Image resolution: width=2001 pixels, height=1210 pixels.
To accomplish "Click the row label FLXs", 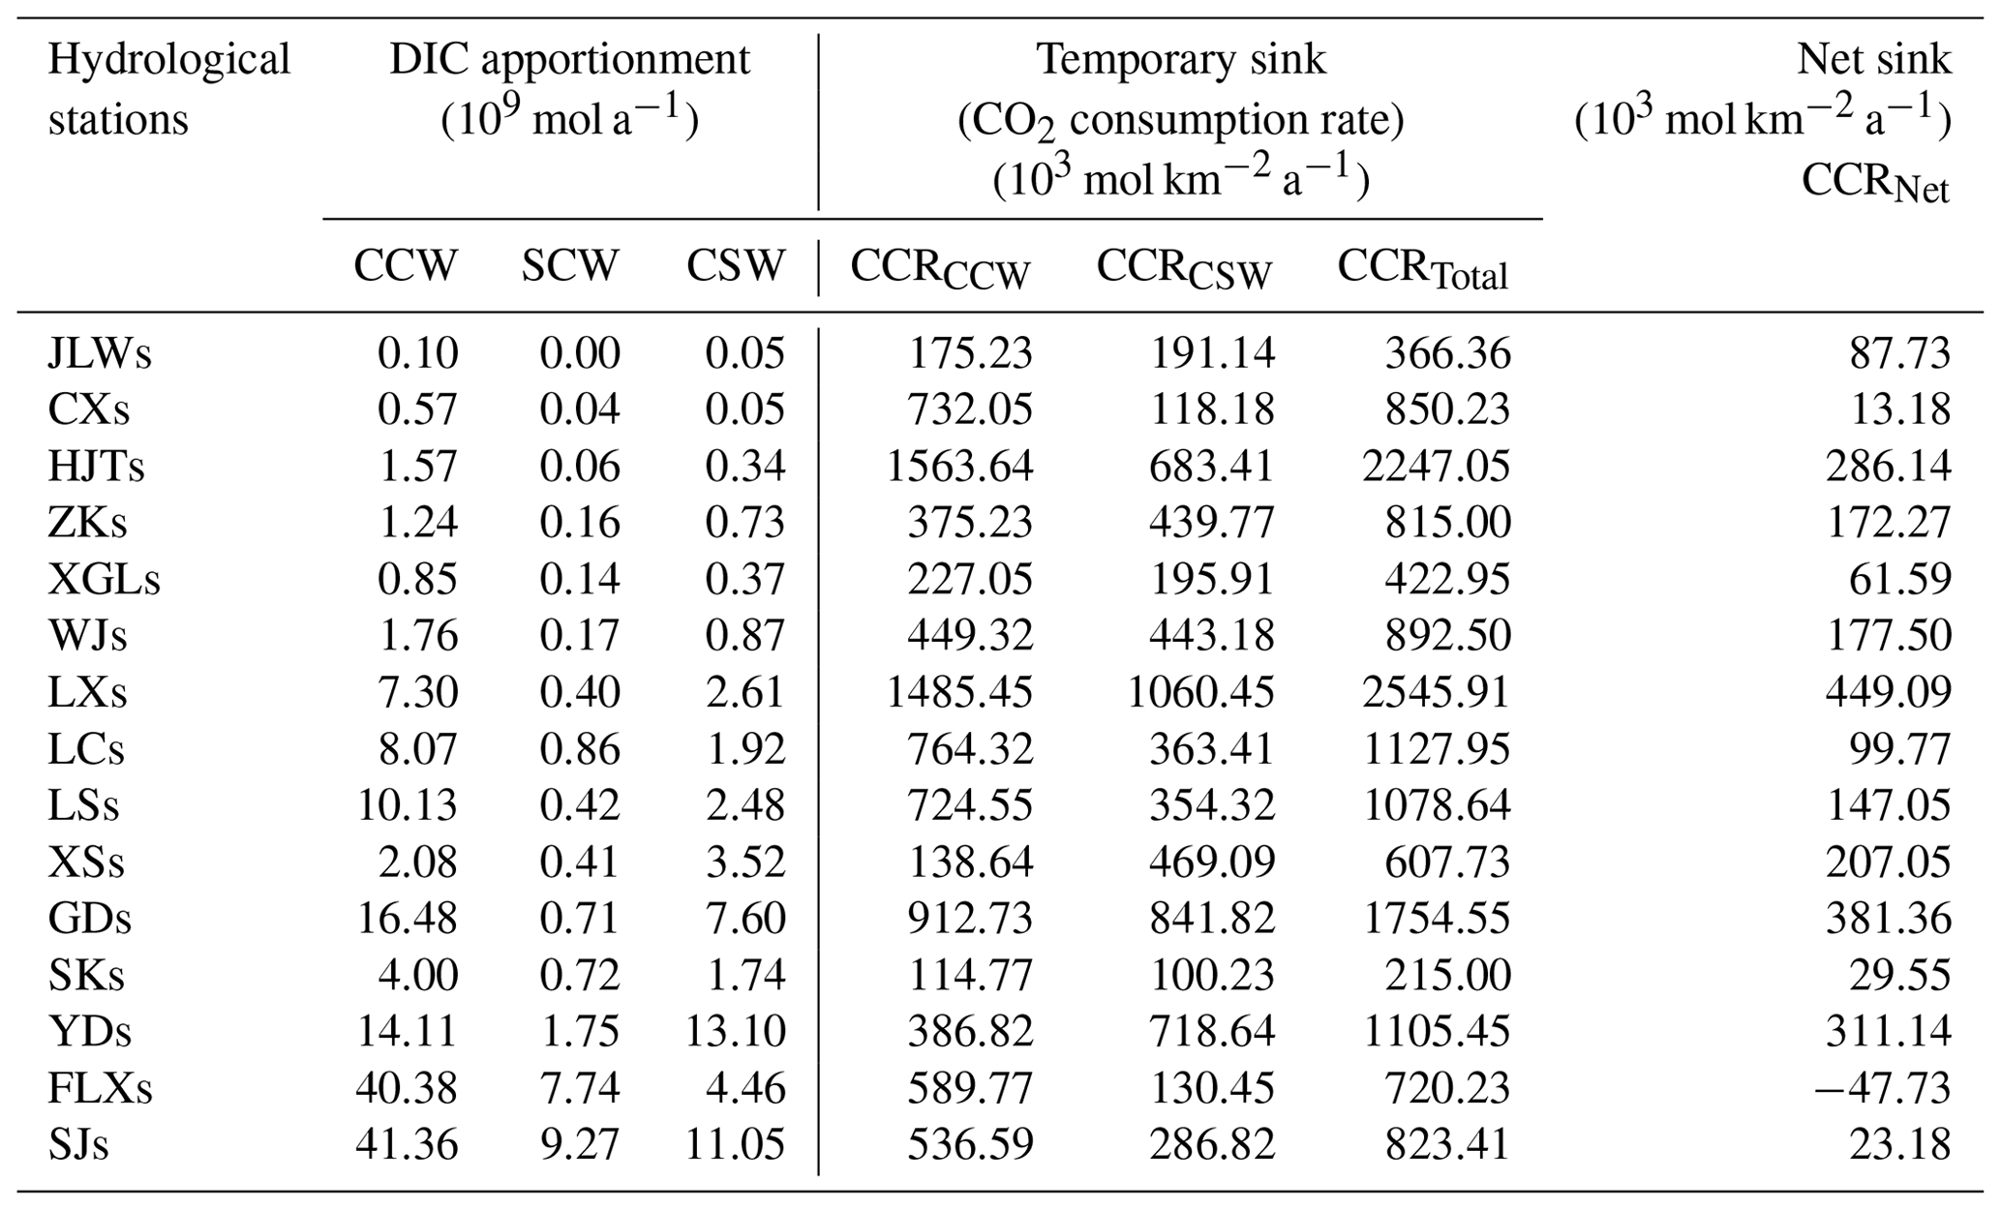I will tap(100, 1088).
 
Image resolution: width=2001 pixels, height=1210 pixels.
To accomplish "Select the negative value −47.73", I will tap(1882, 1088).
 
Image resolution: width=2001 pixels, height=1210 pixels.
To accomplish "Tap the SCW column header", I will tap(569, 265).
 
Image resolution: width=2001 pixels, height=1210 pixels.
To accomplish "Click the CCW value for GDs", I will tap(407, 918).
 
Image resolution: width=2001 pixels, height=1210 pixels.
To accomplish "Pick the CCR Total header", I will tap(1422, 269).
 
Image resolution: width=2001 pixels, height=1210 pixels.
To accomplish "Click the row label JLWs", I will tap(100, 353).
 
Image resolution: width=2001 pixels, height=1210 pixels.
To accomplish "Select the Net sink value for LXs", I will tap(1888, 692).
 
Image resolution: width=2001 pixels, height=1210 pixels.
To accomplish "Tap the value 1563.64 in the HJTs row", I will tap(959, 467).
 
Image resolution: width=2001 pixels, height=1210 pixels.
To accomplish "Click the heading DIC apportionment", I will tap(569, 60).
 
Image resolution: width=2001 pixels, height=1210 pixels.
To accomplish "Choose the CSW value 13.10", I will tap(735, 1031).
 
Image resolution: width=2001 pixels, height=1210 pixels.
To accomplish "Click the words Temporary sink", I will tap(1181, 60).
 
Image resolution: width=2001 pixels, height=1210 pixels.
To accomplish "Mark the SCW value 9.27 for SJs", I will tap(579, 1144).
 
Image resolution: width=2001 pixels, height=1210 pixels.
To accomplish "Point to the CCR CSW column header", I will tap(1183, 269).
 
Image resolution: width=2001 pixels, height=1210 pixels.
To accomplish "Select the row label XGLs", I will tap(104, 580).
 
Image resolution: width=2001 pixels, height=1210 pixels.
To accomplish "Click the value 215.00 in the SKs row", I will tap(1447, 975).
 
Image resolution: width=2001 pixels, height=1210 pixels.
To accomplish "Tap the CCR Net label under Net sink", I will tap(1874, 182).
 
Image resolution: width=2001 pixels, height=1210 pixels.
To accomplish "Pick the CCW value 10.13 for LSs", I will tap(407, 805).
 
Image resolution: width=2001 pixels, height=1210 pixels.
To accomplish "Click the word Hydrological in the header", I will tap(168, 60).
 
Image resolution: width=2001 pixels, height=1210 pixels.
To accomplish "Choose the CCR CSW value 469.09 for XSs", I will tap(1211, 862).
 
